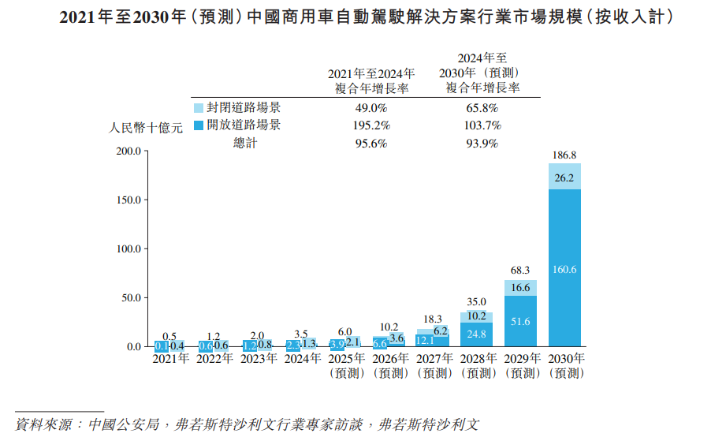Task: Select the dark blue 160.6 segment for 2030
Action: [x=564, y=269]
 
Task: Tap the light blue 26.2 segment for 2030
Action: [x=564, y=177]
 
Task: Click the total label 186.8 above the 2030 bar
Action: [x=564, y=155]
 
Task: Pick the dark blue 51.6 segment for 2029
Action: [x=520, y=321]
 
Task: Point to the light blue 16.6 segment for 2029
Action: [x=520, y=288]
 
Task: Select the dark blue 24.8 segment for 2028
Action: [x=476, y=334]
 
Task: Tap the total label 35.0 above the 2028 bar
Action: [x=476, y=301]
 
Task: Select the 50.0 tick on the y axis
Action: [x=129, y=298]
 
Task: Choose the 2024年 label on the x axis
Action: [x=303, y=359]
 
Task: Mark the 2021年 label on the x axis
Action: [x=170, y=359]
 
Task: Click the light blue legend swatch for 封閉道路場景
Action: [x=198, y=108]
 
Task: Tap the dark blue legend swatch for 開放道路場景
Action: [x=198, y=125]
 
